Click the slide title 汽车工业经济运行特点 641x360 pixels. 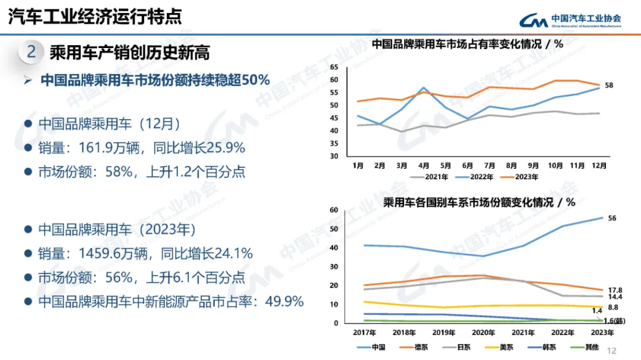click(x=95, y=16)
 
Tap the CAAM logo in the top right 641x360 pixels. click(x=570, y=21)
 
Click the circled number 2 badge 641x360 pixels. click(x=31, y=52)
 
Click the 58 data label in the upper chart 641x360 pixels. click(x=609, y=85)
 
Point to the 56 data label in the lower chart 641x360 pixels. click(x=612, y=218)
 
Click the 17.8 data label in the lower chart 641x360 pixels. click(x=615, y=289)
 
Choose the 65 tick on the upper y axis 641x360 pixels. click(x=334, y=67)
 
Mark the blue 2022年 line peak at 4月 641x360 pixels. click(x=424, y=88)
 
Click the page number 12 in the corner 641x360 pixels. click(x=613, y=351)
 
